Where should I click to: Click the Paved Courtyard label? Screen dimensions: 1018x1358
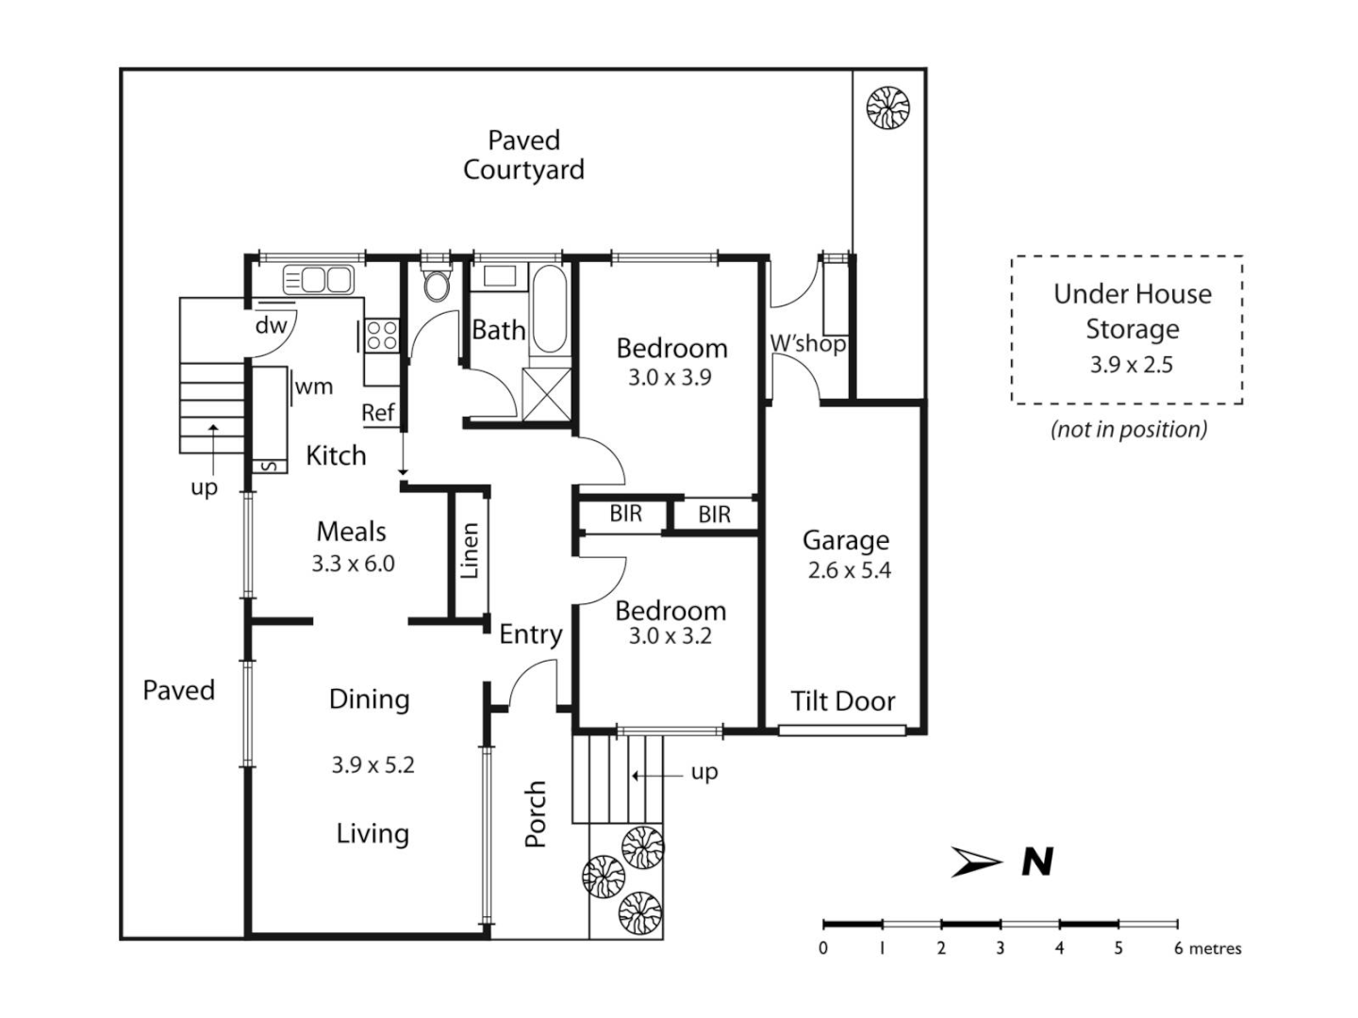point(523,156)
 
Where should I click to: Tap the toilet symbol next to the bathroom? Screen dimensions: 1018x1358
point(437,283)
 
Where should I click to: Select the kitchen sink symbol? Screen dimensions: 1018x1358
point(319,280)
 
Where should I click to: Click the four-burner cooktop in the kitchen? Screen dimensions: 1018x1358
point(381,336)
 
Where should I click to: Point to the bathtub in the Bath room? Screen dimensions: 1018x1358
point(549,308)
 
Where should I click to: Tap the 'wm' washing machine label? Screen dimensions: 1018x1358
point(313,386)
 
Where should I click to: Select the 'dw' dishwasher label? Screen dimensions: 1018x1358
point(271,326)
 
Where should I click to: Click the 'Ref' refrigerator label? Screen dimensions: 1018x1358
point(378,413)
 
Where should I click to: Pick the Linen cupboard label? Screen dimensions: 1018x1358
point(470,550)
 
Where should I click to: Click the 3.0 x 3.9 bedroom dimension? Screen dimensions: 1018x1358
point(671,378)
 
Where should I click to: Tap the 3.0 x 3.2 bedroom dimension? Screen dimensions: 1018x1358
point(671,636)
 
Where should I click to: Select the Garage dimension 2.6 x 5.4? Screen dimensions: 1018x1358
point(849,570)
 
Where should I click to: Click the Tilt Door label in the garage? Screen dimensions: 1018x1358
point(842,701)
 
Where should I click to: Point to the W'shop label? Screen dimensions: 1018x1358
point(807,343)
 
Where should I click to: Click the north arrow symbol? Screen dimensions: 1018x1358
point(977,862)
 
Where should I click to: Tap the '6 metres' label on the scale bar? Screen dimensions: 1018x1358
point(1207,948)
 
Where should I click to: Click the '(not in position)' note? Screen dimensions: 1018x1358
point(1129,430)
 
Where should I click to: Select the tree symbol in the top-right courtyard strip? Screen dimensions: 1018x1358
point(887,107)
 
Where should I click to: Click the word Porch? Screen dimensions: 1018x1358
point(536,813)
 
